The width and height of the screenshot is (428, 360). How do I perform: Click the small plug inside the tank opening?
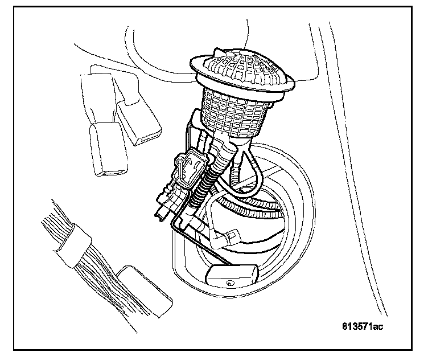click(x=231, y=235)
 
